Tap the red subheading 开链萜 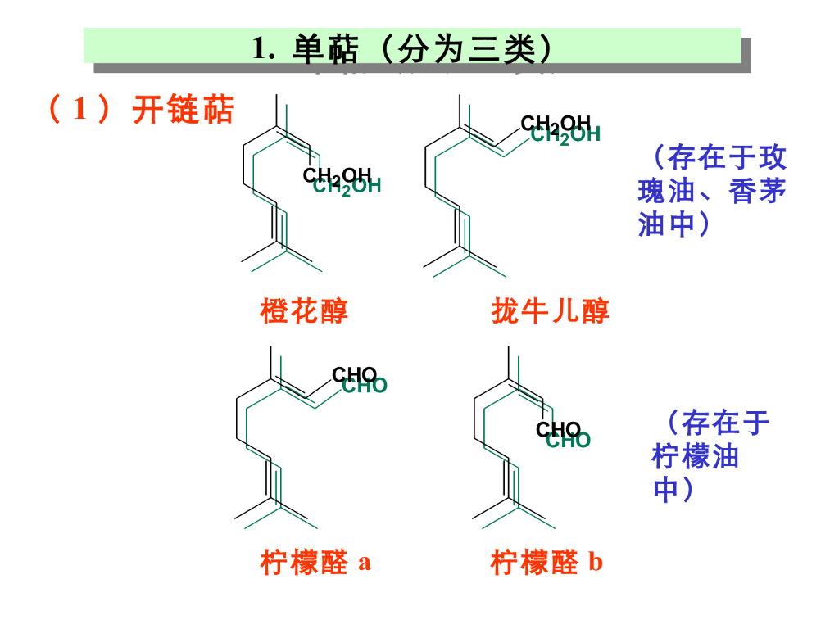click(x=184, y=110)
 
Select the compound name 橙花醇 click(x=304, y=311)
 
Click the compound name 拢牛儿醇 click(x=551, y=311)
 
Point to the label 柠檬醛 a click(x=315, y=563)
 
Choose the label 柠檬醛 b click(x=546, y=563)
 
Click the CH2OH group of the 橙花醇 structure click(x=341, y=179)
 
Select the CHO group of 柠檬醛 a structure click(x=359, y=380)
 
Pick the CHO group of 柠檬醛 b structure click(x=563, y=435)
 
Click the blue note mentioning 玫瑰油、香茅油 click(x=711, y=190)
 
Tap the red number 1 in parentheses click(x=80, y=110)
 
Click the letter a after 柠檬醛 click(x=365, y=563)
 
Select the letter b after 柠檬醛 click(x=596, y=563)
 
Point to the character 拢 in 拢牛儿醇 click(x=506, y=311)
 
